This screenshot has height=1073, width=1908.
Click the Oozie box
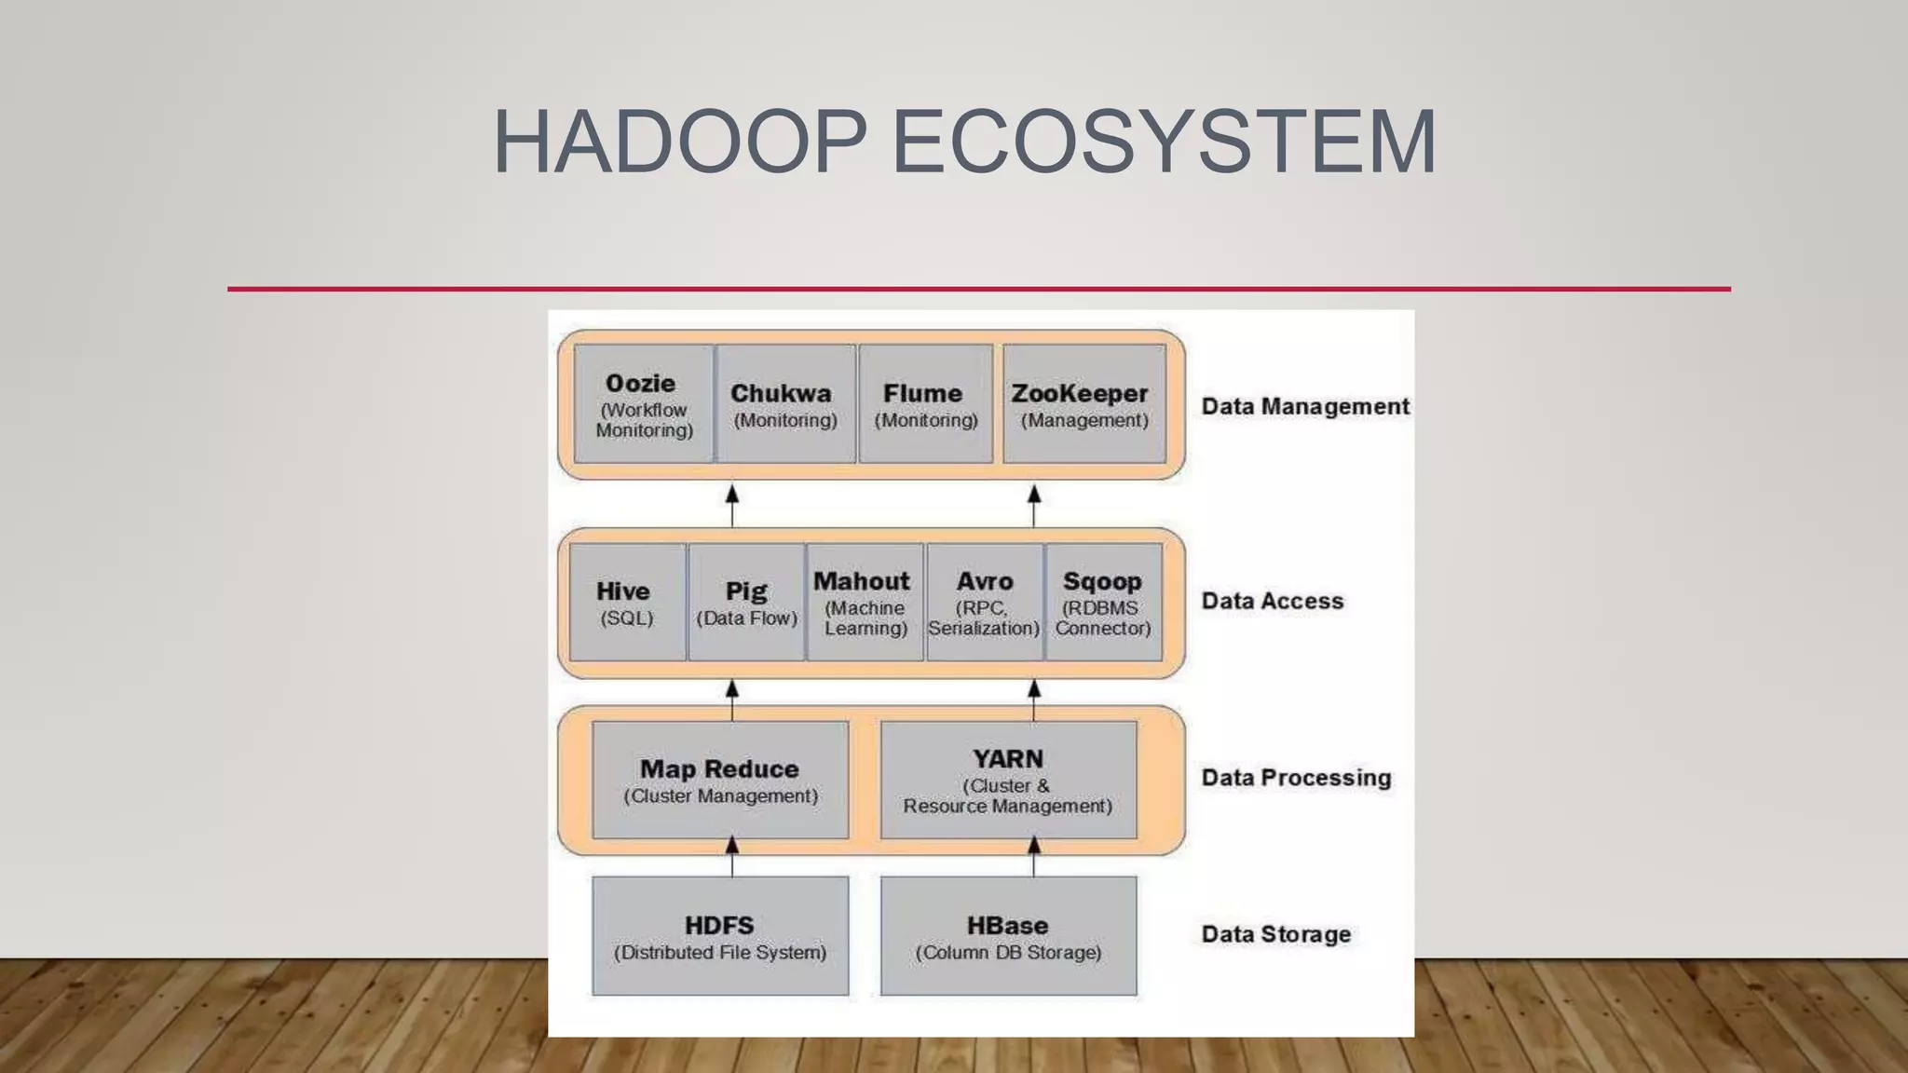644,404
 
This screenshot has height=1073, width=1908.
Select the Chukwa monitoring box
785,404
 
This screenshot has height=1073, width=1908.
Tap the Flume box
925,404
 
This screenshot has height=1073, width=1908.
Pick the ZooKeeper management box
1083,404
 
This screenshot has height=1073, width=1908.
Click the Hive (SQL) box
627,603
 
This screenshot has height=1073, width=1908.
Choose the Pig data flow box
746,603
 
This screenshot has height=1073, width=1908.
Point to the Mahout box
865,603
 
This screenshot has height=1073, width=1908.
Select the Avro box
985,603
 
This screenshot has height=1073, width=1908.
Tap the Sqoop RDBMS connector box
1103,603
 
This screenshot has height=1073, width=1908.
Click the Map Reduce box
720,780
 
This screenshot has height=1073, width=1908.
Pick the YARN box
1008,780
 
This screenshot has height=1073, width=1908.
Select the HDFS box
720,936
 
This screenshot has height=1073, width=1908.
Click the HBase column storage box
1008,936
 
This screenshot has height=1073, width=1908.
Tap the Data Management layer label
1304,406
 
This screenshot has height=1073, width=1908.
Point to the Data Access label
1273,601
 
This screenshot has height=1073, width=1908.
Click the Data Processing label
1296,778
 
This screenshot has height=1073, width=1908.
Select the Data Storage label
1275,934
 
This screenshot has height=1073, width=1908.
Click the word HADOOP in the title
679,142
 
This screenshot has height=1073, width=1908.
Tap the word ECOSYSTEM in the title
1164,142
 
